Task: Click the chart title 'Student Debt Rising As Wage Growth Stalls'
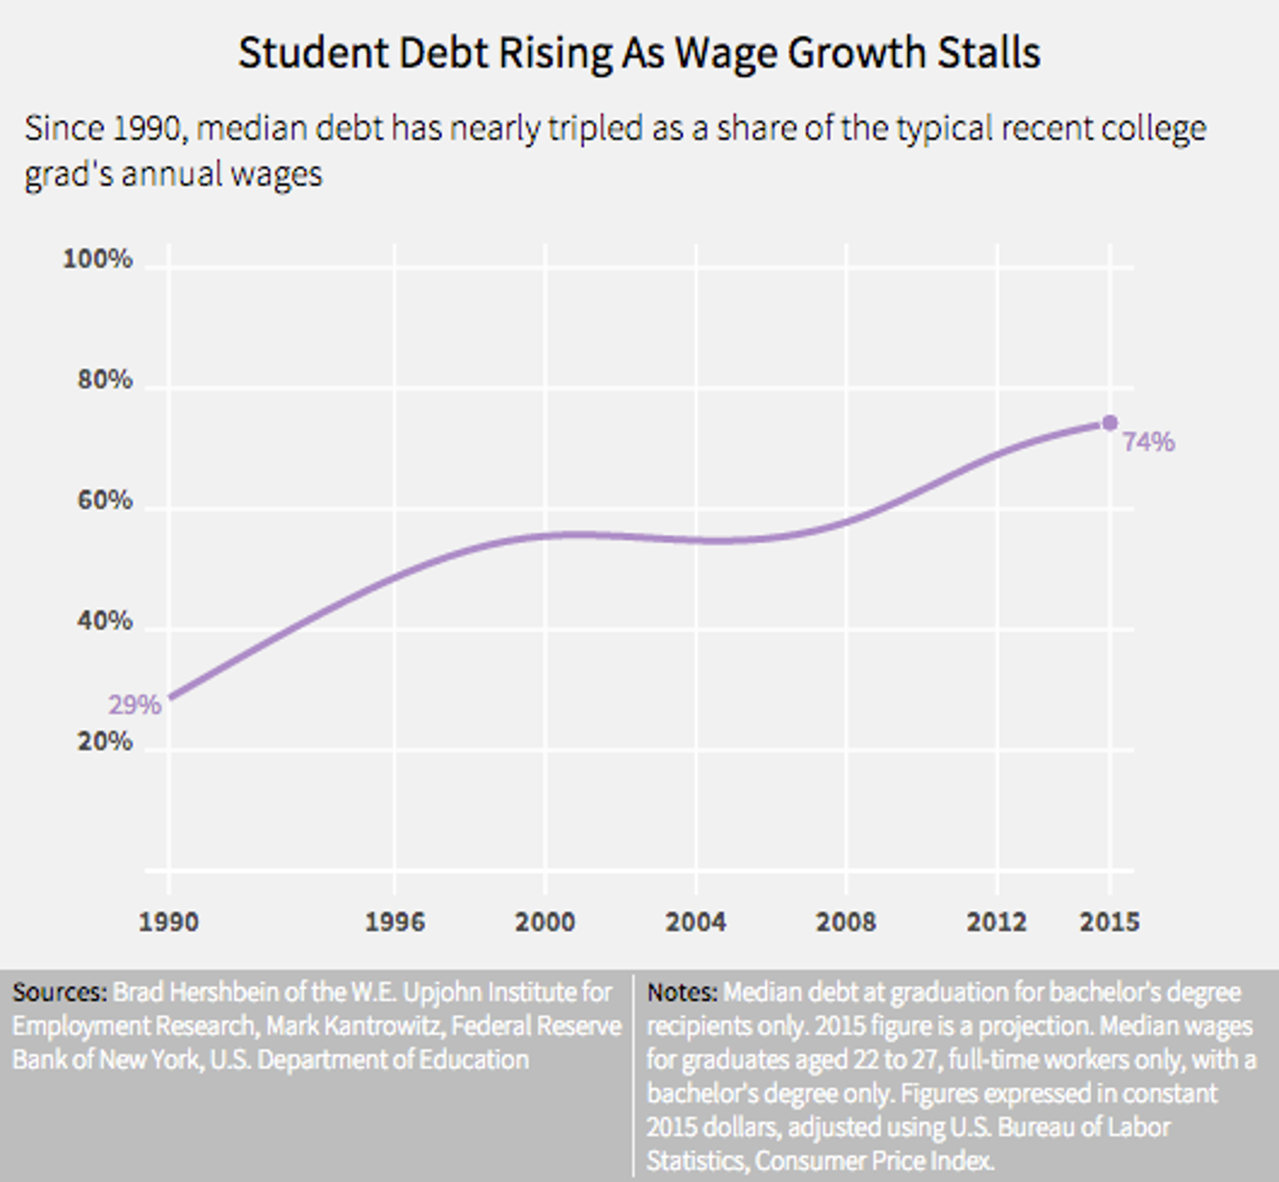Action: pos(639,53)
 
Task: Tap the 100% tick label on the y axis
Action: pos(98,259)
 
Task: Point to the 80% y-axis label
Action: pos(105,380)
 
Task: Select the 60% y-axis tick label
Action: pos(105,501)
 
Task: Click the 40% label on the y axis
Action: pos(105,621)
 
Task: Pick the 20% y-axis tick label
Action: pos(105,742)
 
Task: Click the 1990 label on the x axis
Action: pos(169,922)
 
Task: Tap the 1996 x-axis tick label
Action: pos(394,922)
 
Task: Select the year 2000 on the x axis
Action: pos(544,922)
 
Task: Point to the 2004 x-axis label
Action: pos(695,922)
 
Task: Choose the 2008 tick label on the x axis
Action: pos(846,922)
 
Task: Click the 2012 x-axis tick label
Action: pos(997,922)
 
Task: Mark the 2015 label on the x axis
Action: pos(1109,922)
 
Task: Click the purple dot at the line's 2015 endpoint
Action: pos(1109,423)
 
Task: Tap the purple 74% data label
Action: pos(1148,442)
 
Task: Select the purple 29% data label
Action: pos(134,705)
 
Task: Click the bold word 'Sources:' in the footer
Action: pos(60,992)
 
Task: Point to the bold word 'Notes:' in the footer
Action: pos(682,992)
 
